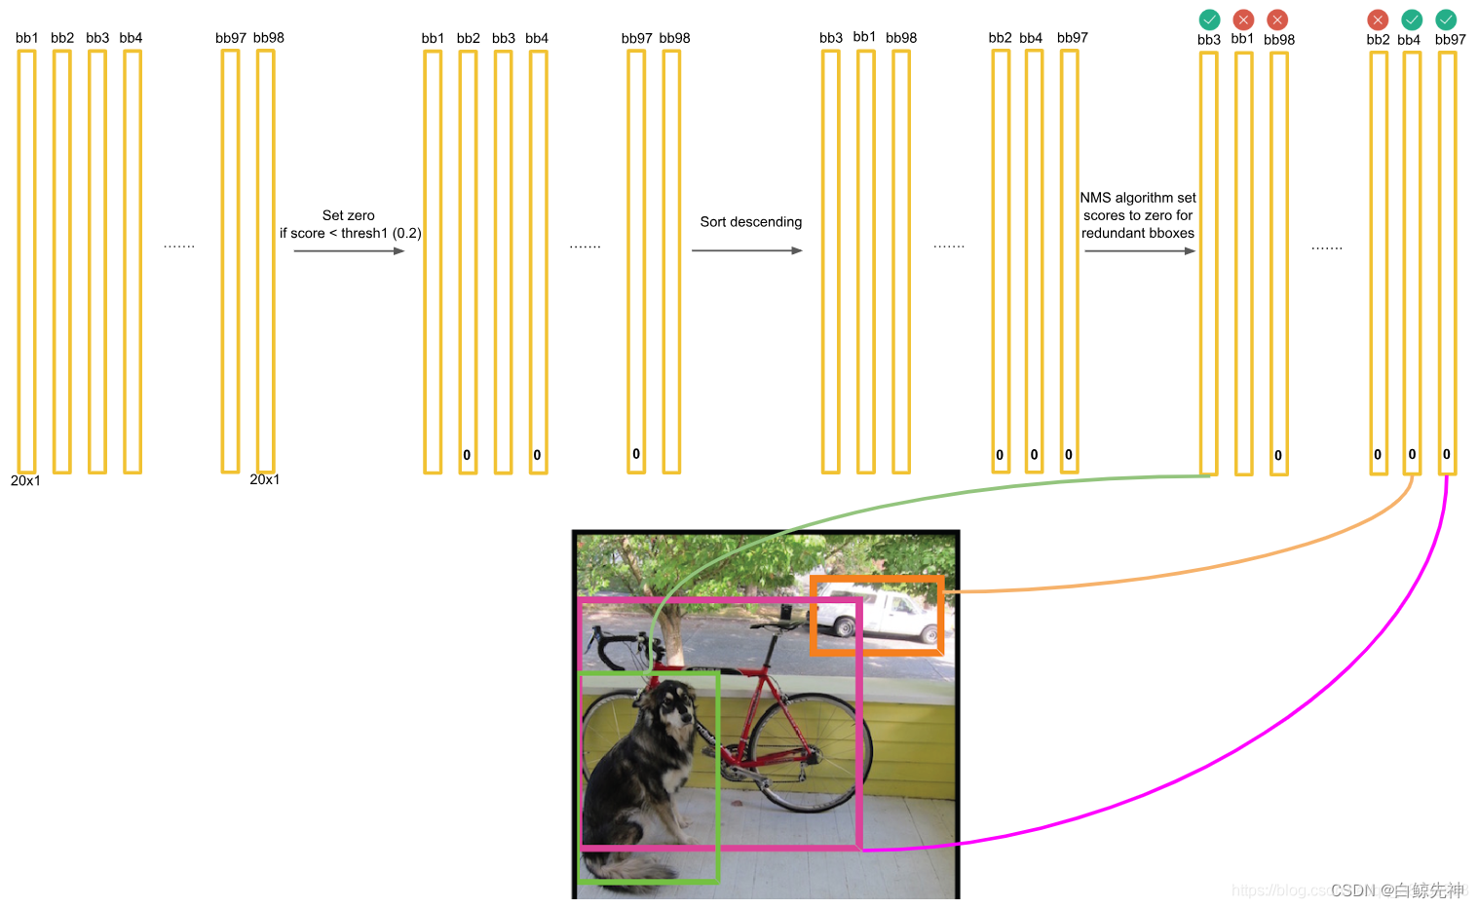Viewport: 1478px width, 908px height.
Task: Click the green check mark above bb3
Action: (1209, 19)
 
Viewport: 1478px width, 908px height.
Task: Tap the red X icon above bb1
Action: (1243, 19)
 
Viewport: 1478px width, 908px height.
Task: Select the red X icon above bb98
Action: (1277, 19)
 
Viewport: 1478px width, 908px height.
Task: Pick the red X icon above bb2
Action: (1378, 19)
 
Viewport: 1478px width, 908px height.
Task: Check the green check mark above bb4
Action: (1412, 19)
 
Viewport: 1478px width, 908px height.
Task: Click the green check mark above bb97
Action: (1447, 19)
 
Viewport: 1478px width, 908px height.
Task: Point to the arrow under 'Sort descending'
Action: (747, 250)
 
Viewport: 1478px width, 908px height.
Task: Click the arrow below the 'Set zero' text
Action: (349, 250)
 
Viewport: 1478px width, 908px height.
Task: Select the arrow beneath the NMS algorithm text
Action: (1139, 250)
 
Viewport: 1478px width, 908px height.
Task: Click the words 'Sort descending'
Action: (751, 222)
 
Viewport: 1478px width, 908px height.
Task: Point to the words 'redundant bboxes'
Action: (1138, 233)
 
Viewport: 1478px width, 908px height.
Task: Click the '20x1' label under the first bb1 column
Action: (25, 480)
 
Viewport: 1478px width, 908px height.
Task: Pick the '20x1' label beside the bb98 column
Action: (265, 479)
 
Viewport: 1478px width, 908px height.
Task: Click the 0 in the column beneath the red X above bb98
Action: (1278, 455)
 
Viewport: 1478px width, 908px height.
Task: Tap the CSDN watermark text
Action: (1397, 890)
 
